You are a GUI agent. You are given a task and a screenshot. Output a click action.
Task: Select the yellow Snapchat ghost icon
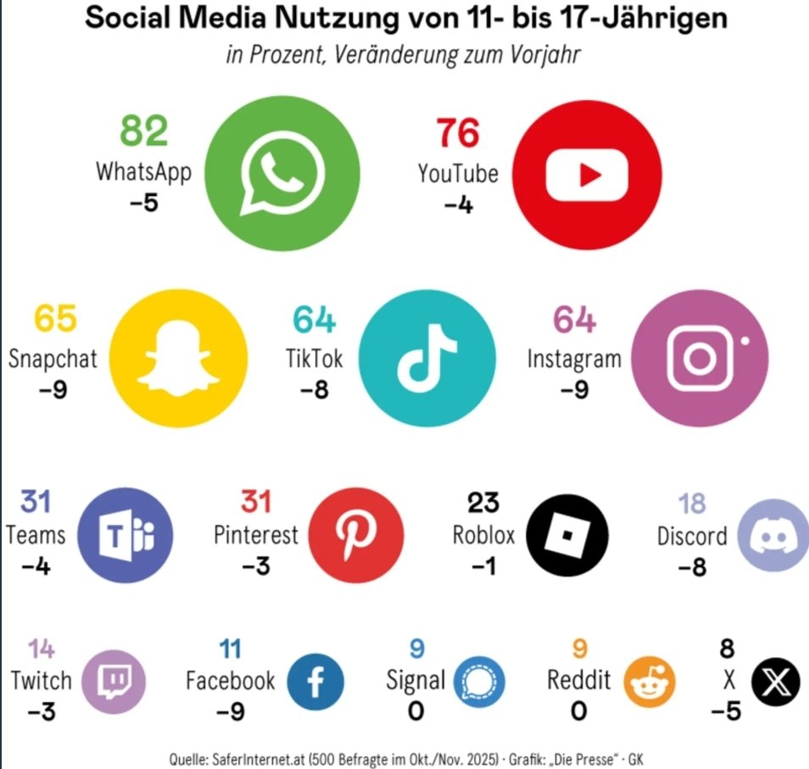pyautogui.click(x=180, y=358)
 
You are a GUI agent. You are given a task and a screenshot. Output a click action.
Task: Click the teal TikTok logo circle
pyautogui.click(x=427, y=358)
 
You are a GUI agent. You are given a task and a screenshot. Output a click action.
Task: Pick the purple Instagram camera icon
pyautogui.click(x=700, y=358)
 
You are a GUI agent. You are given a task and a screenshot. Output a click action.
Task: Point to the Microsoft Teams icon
pyautogui.click(x=126, y=535)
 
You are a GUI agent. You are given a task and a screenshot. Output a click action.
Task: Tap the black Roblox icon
pyautogui.click(x=567, y=535)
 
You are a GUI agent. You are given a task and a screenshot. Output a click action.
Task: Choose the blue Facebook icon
pyautogui.click(x=315, y=680)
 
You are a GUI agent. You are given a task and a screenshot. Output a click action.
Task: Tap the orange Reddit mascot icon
pyautogui.click(x=652, y=680)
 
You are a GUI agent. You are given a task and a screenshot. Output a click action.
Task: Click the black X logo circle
pyautogui.click(x=776, y=680)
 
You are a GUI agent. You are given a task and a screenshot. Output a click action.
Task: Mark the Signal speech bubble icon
pyautogui.click(x=479, y=680)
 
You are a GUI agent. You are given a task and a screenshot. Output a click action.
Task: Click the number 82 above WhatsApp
pyautogui.click(x=144, y=131)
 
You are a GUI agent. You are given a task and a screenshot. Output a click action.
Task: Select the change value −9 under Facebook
pyautogui.click(x=230, y=710)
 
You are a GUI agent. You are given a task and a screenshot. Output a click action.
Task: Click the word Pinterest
pyautogui.click(x=255, y=535)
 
